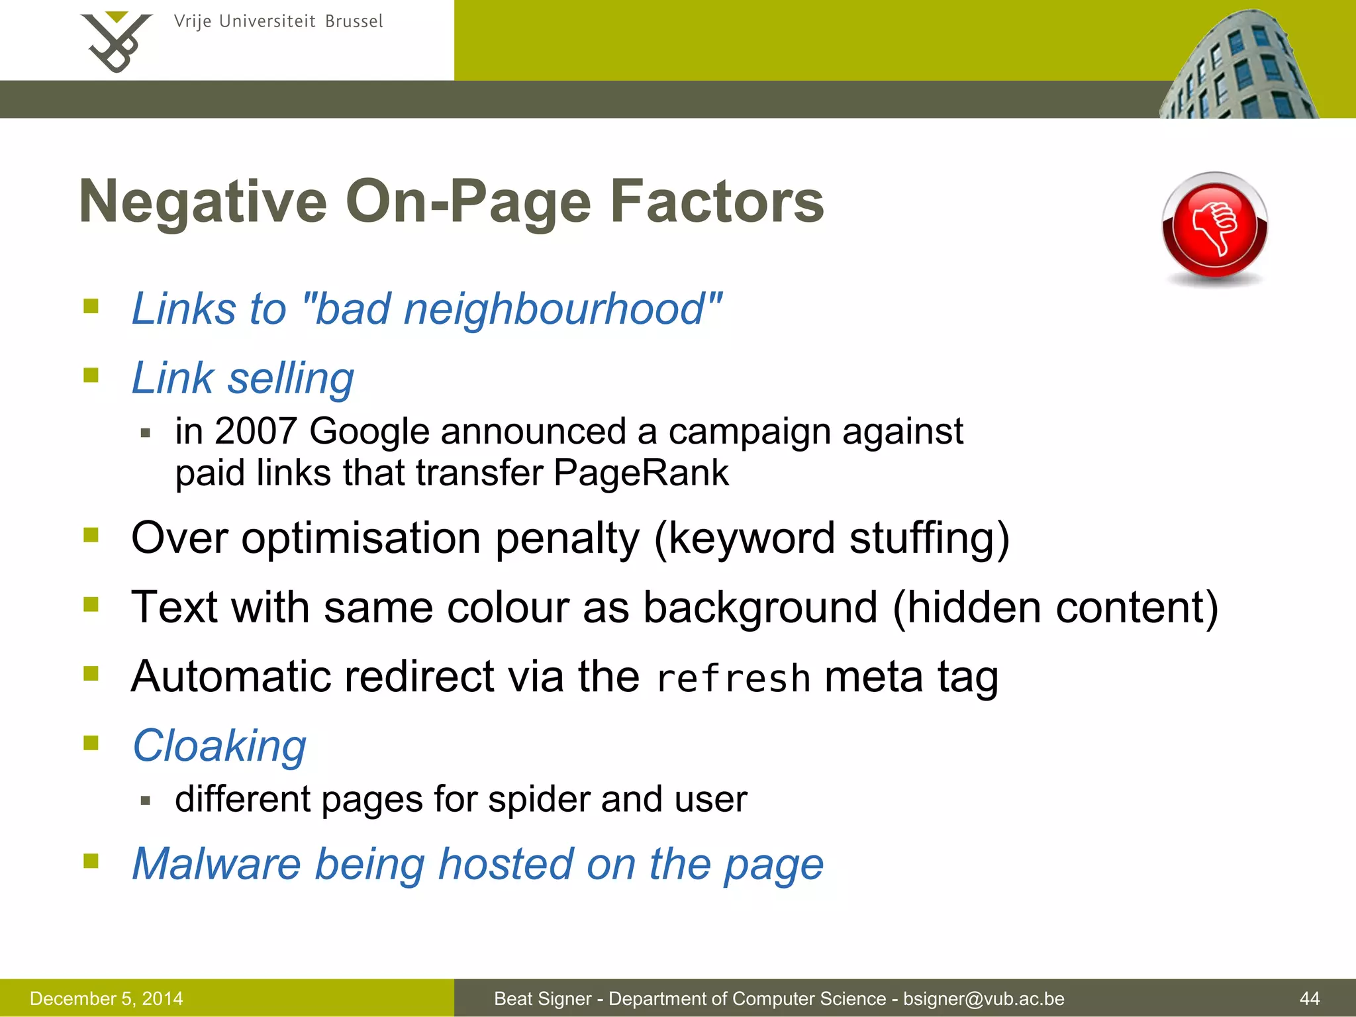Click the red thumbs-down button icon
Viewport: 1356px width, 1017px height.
(1214, 226)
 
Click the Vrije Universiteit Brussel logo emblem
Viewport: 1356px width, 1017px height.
(116, 42)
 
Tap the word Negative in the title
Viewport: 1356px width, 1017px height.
(203, 201)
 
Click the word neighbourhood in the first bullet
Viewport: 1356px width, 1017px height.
(554, 309)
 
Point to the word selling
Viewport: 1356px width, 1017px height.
(291, 378)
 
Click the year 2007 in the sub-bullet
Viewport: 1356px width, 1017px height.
(255, 431)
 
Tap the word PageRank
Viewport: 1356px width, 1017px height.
(640, 473)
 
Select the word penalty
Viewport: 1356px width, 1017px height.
(567, 537)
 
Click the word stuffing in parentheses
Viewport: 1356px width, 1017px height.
(927, 537)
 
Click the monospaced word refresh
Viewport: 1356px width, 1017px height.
(733, 678)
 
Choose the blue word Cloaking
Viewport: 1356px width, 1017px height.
(219, 746)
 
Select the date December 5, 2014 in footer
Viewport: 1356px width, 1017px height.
(106, 998)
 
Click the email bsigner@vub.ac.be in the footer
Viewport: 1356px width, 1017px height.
(983, 998)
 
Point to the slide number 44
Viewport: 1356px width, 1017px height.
(1310, 998)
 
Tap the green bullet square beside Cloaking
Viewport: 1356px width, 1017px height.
(91, 743)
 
